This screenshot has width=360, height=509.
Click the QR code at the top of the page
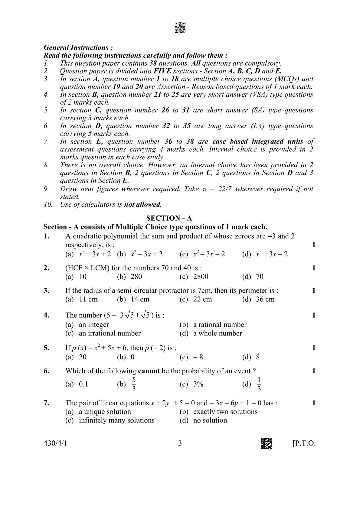pyautogui.click(x=180, y=27)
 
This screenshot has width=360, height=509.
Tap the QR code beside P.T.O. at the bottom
pyautogui.click(x=267, y=443)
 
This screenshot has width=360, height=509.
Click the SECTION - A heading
pyautogui.click(x=169, y=218)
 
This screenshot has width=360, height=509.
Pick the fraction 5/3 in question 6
pyautogui.click(x=134, y=384)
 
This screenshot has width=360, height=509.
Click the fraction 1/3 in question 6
pyautogui.click(x=259, y=384)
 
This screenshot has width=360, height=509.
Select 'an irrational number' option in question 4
pyautogui.click(x=110, y=333)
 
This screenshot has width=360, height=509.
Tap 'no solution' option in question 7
pyautogui.click(x=210, y=420)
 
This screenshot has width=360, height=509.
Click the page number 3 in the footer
pyautogui.click(x=180, y=443)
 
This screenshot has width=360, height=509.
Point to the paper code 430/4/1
pyautogui.click(x=55, y=443)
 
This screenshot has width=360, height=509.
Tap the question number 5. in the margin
pyautogui.click(x=46, y=348)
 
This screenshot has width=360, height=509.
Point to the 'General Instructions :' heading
pyautogui.click(x=78, y=47)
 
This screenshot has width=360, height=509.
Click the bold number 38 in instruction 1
pyautogui.click(x=153, y=63)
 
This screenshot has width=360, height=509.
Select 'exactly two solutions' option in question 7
pyautogui.click(x=225, y=412)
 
